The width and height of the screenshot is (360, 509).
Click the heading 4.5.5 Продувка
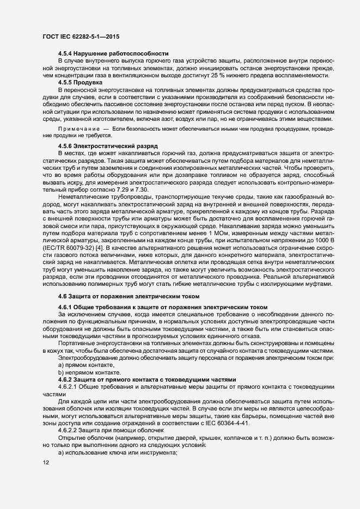(84, 81)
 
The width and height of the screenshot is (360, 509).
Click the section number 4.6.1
(66, 307)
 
